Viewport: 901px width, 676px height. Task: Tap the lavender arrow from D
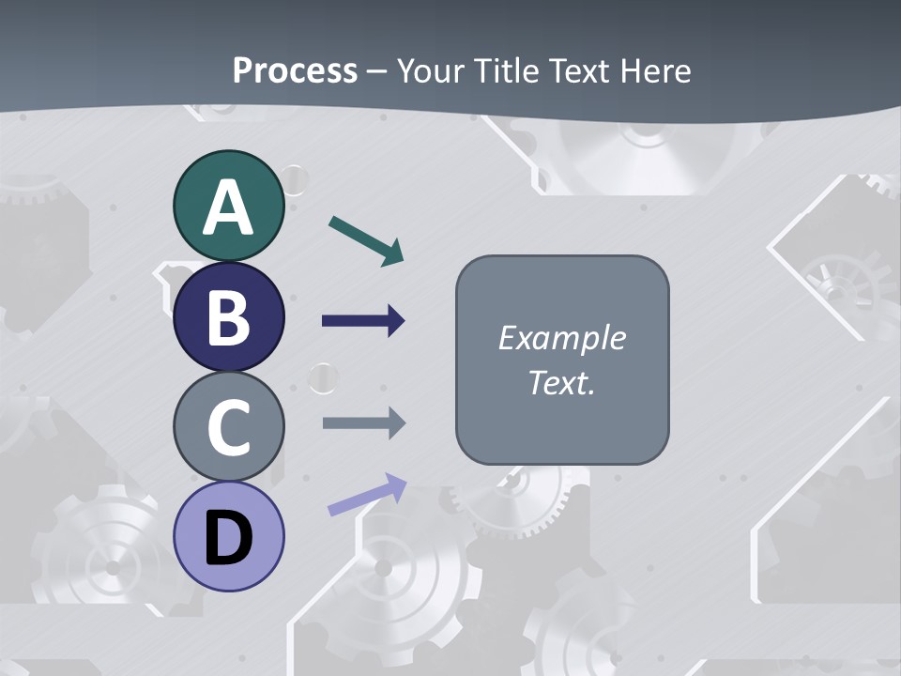[367, 494]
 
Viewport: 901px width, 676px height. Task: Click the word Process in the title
[295, 70]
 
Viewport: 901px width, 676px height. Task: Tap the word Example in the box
[561, 338]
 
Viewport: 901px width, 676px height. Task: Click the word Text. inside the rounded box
[561, 382]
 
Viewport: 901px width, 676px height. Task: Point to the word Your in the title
[431, 70]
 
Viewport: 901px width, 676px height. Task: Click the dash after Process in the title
[377, 71]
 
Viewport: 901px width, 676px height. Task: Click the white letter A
[228, 208]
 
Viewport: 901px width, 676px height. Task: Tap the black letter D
[228, 538]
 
